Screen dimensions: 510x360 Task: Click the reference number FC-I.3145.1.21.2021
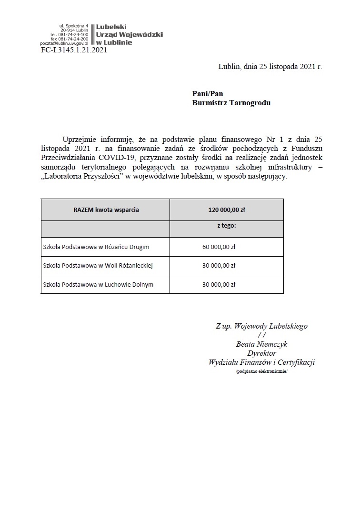74,50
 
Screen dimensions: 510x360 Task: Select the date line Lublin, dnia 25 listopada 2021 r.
270,67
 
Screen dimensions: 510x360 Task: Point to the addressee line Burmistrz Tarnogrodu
231,102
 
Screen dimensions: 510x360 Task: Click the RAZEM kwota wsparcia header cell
106,210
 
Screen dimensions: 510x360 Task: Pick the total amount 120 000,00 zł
226,210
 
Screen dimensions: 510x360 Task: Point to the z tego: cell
227,226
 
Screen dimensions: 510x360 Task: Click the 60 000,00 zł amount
219,247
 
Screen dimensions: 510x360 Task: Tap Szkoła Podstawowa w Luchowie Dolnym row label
98,284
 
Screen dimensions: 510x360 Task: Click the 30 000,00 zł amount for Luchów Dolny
219,284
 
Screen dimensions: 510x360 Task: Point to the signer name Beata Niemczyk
261,344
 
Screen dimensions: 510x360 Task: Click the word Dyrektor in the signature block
261,353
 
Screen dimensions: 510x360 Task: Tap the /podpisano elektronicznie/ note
261,371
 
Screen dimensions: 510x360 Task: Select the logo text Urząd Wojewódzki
130,35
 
